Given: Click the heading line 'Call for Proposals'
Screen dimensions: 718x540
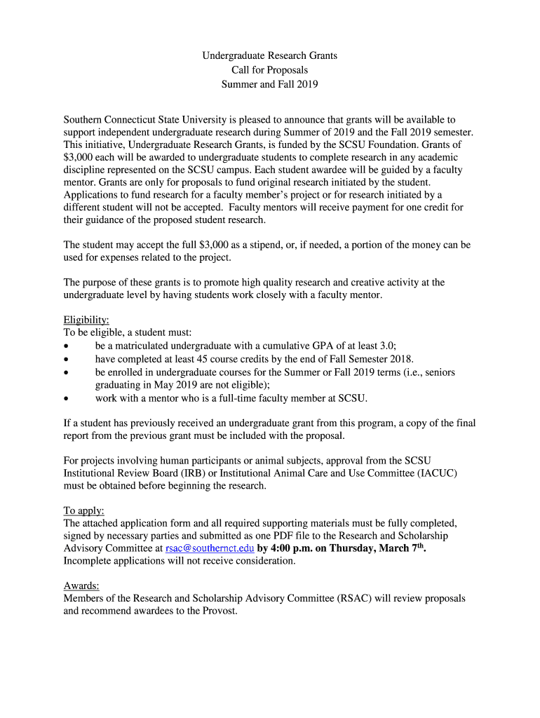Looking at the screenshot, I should point(269,70).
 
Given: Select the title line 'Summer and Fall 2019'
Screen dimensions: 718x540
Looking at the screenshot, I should point(269,85).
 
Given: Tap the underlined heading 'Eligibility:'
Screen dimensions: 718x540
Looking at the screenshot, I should point(86,320).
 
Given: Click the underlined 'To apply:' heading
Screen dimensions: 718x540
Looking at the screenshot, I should point(83,510).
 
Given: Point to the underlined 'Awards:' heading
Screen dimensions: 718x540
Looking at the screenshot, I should point(81,585).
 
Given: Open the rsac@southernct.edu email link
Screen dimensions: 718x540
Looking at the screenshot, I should point(210,548).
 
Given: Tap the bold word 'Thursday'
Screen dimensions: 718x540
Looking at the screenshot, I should point(352,548).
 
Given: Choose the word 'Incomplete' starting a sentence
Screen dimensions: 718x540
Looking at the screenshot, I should point(88,561).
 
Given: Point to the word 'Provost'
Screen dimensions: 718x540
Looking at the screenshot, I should point(220,611).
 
